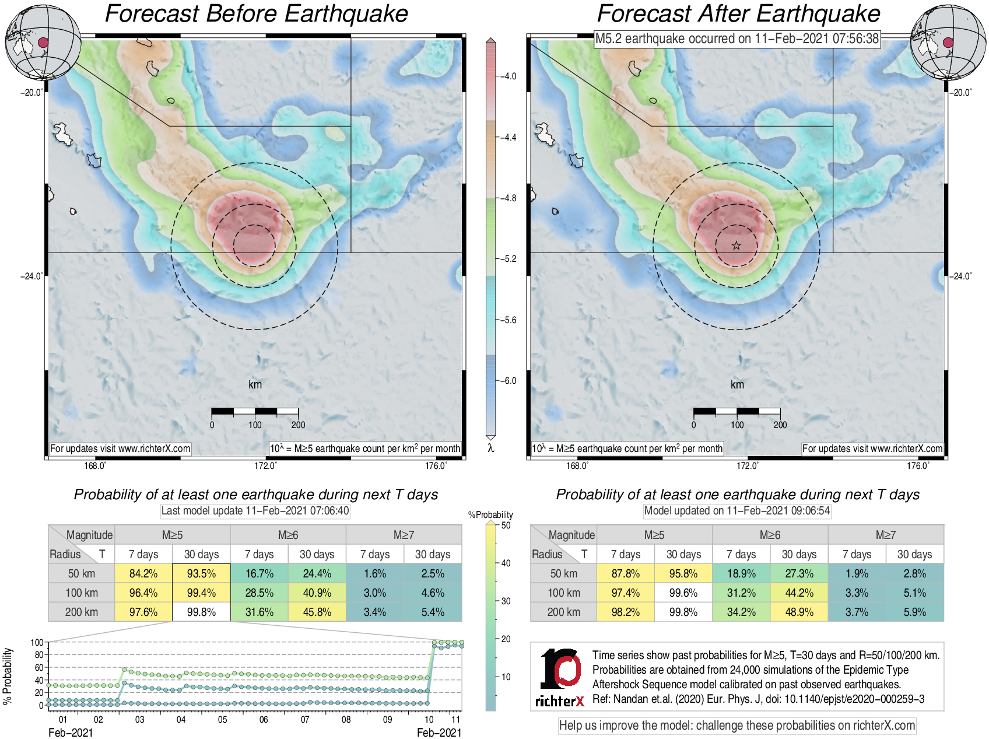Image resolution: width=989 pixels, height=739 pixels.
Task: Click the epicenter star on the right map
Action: tap(737, 246)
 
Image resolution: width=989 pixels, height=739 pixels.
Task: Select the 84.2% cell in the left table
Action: tap(143, 573)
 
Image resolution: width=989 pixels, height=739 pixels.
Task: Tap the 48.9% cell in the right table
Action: tap(799, 612)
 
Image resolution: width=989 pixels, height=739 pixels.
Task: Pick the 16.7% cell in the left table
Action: tap(259, 573)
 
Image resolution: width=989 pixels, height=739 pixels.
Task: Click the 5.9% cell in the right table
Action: tap(914, 612)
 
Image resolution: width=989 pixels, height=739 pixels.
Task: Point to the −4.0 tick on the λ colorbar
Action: tap(508, 76)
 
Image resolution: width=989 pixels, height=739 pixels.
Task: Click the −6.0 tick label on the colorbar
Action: tap(509, 381)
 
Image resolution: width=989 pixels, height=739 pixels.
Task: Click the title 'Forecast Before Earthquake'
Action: tap(257, 14)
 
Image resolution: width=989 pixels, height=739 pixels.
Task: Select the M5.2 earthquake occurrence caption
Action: tap(737, 39)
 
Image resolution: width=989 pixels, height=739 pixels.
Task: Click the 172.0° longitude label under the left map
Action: tap(265, 465)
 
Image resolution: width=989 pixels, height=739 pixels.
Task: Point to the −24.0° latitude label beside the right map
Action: tap(961, 276)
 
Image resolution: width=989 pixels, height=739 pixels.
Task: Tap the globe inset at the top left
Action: tap(43, 42)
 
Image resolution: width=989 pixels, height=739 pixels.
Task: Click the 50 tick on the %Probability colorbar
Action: tap(506, 526)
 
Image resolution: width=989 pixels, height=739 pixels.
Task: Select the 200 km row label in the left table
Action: tap(82, 612)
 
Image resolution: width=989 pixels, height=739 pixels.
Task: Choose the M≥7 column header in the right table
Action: tap(885, 535)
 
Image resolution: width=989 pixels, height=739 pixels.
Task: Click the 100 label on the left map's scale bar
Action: tap(255, 425)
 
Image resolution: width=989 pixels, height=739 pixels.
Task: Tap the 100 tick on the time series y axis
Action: tap(37, 642)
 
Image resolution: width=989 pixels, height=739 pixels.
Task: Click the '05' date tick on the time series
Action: tap(222, 720)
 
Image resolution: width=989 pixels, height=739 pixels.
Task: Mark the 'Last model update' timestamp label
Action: tap(255, 511)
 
